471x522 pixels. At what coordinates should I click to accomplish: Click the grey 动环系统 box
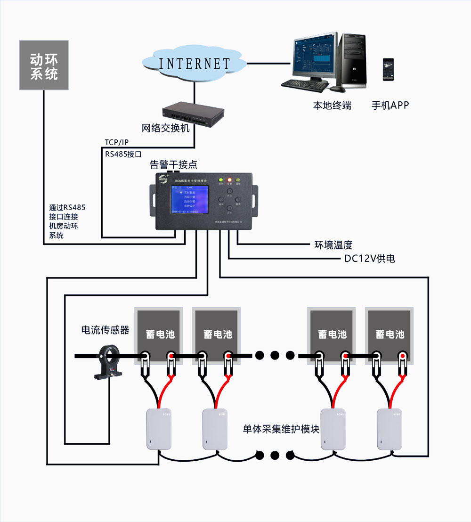click(x=44, y=65)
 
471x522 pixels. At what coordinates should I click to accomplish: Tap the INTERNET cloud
click(x=194, y=63)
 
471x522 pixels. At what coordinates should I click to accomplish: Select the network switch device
click(x=193, y=114)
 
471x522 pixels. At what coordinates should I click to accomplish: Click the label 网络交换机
click(x=165, y=128)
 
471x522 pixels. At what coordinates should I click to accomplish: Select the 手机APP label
click(x=390, y=106)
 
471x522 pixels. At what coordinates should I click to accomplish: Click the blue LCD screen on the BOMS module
click(x=190, y=200)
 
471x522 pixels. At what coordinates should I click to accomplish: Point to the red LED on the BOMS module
click(x=230, y=180)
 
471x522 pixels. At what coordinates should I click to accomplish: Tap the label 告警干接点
click(x=173, y=165)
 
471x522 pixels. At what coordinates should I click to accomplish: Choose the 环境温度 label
click(x=333, y=245)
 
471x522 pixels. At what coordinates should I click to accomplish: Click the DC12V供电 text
click(x=369, y=259)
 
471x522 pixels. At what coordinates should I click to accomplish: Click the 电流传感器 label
click(x=105, y=330)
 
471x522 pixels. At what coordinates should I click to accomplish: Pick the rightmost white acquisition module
click(x=389, y=428)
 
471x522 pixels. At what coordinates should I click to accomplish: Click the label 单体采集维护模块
click(x=281, y=429)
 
